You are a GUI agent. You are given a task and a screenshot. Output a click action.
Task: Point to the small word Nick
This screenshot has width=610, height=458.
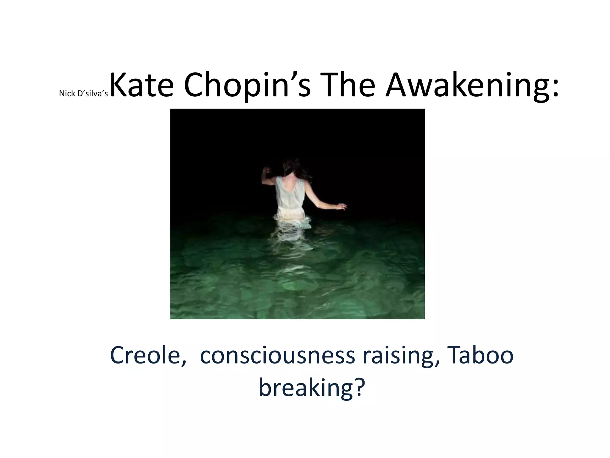(x=67, y=94)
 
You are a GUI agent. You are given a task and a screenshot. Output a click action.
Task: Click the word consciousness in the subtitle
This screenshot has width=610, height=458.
(x=277, y=355)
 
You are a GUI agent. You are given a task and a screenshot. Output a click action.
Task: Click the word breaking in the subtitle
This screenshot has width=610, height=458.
(x=305, y=388)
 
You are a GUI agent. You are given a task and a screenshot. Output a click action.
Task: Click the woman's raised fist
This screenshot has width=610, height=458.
(x=267, y=170)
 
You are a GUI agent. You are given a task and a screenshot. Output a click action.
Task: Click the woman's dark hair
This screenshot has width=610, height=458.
(x=291, y=168)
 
